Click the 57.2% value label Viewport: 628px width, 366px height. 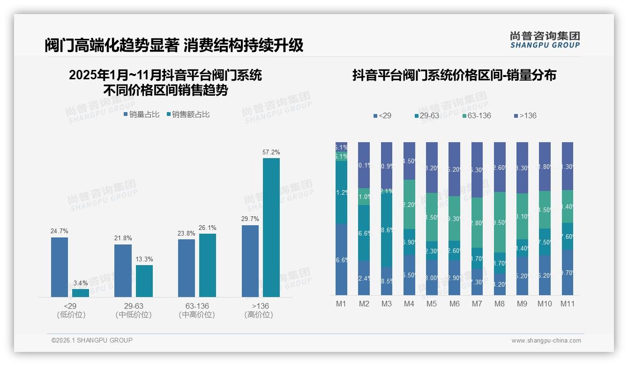271,152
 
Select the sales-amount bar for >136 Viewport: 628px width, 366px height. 271,227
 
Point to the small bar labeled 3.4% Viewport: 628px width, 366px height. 81,293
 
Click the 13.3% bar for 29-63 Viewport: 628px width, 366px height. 144,281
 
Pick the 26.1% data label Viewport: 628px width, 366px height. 208,228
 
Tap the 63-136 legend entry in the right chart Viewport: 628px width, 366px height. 476,115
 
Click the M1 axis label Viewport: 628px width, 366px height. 341,304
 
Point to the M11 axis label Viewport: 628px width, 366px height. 568,304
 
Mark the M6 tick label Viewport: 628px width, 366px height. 454,304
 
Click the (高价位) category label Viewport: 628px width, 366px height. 258,315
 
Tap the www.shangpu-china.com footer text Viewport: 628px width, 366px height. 546,341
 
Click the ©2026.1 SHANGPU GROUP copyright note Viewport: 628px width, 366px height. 92,340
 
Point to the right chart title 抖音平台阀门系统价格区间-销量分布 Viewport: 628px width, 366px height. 454,76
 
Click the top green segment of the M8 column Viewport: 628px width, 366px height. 500,222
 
